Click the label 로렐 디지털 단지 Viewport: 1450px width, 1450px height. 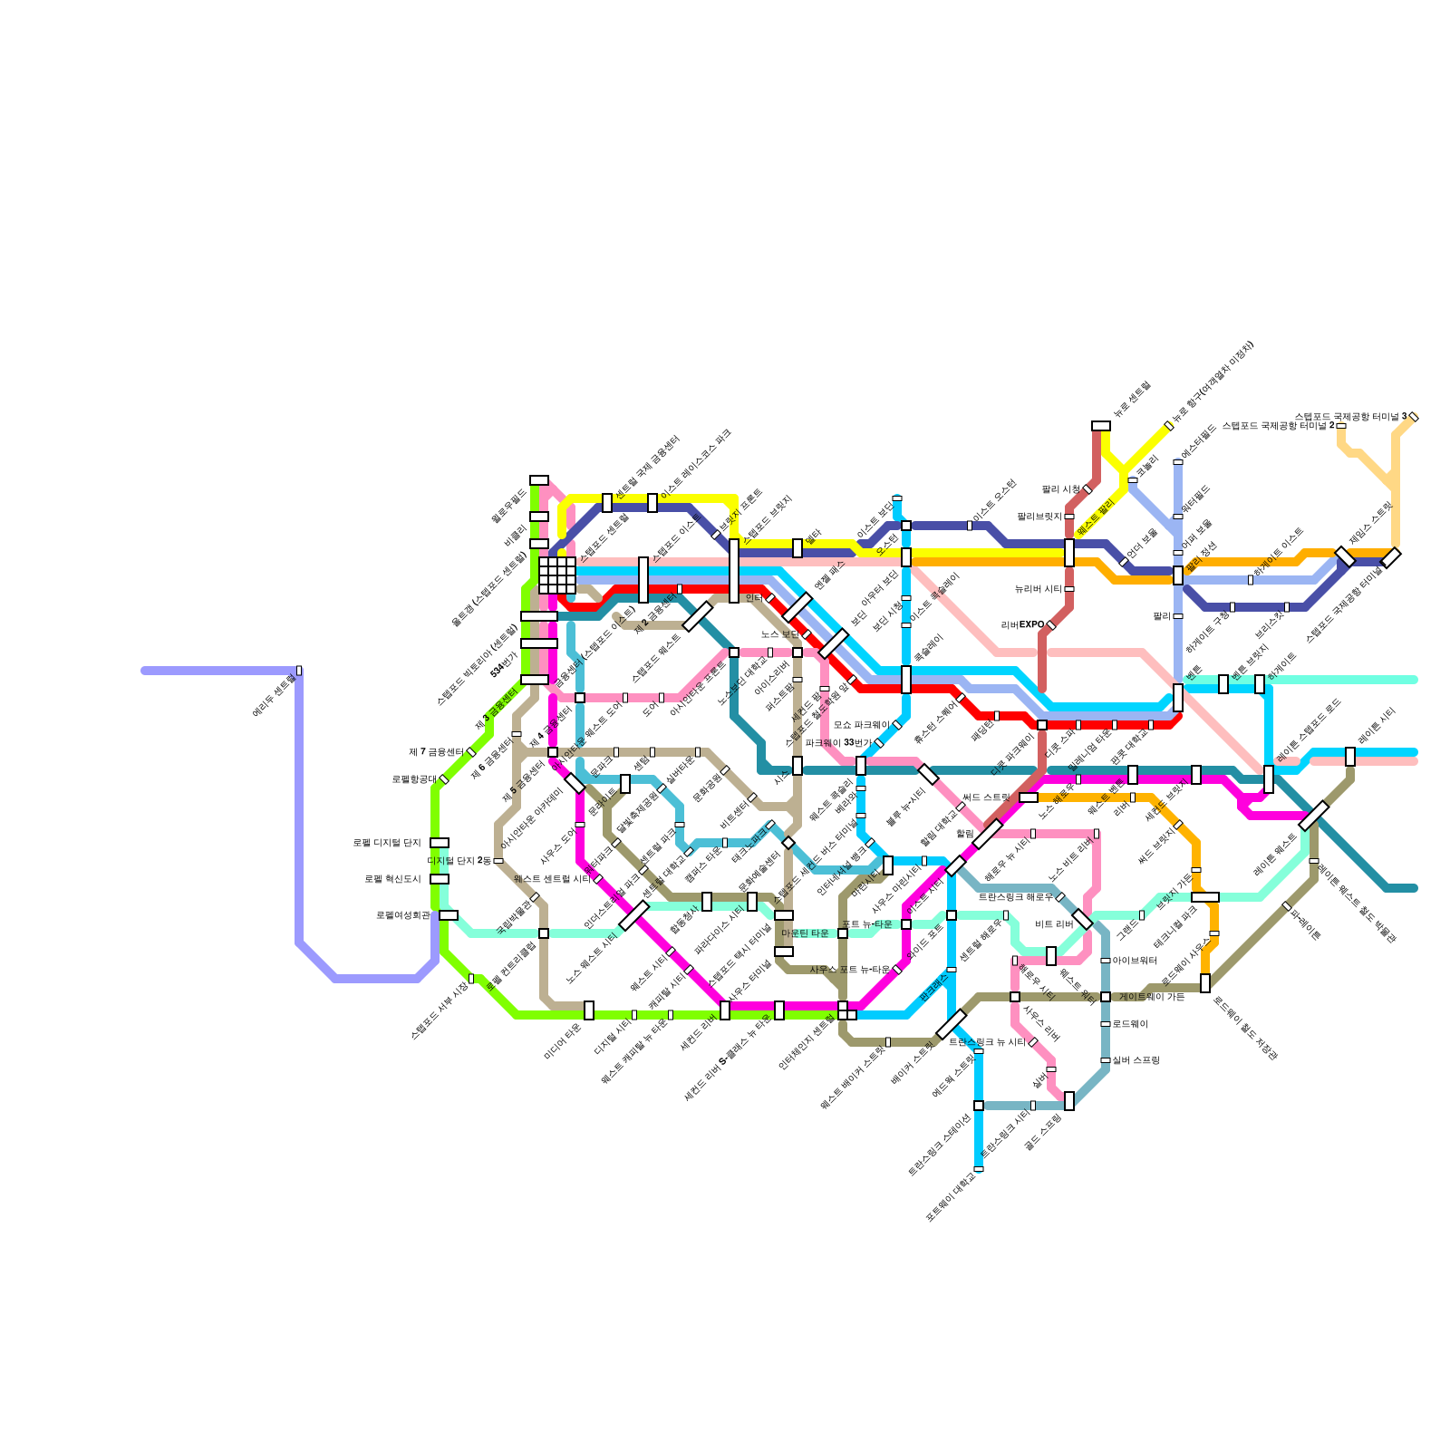[x=387, y=843]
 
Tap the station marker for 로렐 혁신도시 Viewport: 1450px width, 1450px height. [x=440, y=879]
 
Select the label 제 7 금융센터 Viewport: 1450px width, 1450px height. [x=436, y=752]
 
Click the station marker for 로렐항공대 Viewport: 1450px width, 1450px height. [x=444, y=779]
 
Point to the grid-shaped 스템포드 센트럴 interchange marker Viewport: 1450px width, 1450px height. [x=557, y=575]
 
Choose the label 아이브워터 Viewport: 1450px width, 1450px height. [x=1135, y=961]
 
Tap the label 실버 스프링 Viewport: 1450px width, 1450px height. [x=1136, y=1060]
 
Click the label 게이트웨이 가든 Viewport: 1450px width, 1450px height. [x=1152, y=997]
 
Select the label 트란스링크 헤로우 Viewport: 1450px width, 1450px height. [x=1015, y=897]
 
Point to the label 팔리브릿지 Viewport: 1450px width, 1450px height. [x=1039, y=517]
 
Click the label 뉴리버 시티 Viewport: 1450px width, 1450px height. [x=1038, y=589]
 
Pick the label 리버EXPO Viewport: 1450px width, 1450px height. [x=1022, y=625]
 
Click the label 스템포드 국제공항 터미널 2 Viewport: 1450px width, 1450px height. [x=1278, y=426]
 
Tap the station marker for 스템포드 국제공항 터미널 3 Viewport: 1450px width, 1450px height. [x=1414, y=417]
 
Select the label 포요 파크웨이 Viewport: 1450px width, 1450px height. [x=861, y=725]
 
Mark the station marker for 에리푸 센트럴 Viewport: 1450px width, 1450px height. [x=299, y=671]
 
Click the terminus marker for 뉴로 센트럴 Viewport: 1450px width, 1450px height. [x=1101, y=426]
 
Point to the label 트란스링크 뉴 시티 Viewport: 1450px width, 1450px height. [x=987, y=1042]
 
